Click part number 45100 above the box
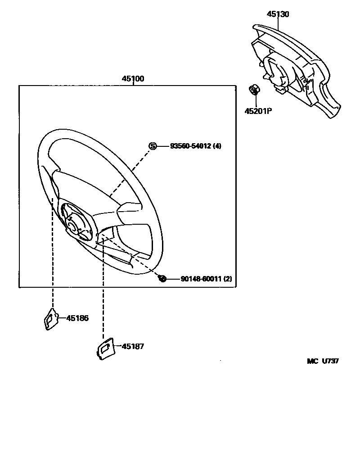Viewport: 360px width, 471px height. pyautogui.click(x=133, y=79)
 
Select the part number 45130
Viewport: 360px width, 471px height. pyautogui.click(x=278, y=14)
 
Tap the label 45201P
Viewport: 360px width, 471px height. pyautogui.click(x=258, y=111)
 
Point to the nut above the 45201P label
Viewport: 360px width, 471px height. pyautogui.click(x=254, y=90)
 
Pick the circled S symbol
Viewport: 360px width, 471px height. pyautogui.click(x=153, y=146)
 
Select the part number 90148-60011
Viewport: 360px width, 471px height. pyautogui.click(x=196, y=279)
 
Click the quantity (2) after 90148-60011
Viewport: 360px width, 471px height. pyautogui.click(x=228, y=279)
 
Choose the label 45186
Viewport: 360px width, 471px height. pyautogui.click(x=77, y=318)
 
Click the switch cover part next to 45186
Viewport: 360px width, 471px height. pyautogui.click(x=51, y=319)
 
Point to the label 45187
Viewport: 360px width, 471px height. pyautogui.click(x=132, y=346)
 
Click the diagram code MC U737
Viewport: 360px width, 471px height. pyautogui.click(x=323, y=361)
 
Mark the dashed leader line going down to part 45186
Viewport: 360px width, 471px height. pyautogui.click(x=53, y=261)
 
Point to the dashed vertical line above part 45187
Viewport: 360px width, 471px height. pyautogui.click(x=103, y=293)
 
